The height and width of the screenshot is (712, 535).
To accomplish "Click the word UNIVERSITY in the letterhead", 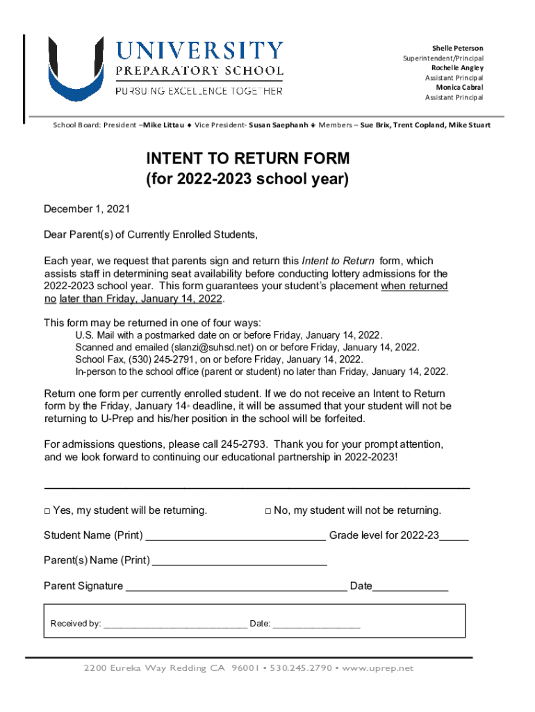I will click(x=199, y=51).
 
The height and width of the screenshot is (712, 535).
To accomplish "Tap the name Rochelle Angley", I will click(x=457, y=68).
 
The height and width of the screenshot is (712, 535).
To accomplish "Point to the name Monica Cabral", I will click(x=459, y=88).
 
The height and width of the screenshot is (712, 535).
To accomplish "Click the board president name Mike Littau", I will click(x=163, y=125).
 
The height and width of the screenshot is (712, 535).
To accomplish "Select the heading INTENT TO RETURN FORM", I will click(x=247, y=159).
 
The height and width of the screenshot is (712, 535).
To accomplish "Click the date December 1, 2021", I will click(x=87, y=209).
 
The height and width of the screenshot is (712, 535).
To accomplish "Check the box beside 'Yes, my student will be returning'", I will click(x=47, y=511).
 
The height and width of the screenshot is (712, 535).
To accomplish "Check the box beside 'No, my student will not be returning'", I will click(x=268, y=511).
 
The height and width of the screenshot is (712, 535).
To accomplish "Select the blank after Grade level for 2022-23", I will click(x=454, y=537).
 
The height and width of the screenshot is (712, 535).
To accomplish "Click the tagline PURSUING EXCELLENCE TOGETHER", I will click(x=199, y=91).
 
